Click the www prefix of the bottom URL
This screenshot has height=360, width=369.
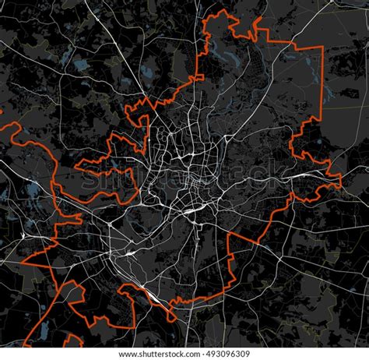pyautogui.click(x=128, y=355)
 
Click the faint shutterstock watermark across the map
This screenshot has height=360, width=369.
pyautogui.click(x=184, y=181)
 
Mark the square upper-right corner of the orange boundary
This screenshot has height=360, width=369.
pyautogui.click(x=322, y=48)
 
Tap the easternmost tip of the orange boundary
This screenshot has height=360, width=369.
pyautogui.click(x=341, y=185)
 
